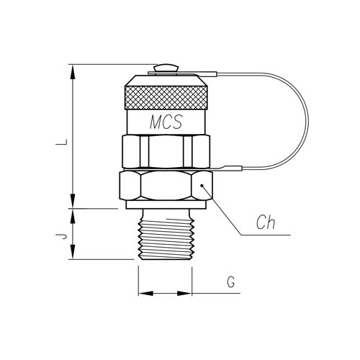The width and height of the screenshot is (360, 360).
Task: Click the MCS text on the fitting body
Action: coord(166,122)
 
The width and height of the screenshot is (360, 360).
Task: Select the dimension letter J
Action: coord(61,236)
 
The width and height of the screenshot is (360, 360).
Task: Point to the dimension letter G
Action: coord(231,282)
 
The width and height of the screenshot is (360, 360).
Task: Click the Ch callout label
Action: coord(266,222)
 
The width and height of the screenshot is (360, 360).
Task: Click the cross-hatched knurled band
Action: coord(166,97)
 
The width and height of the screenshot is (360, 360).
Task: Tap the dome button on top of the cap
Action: coord(166,68)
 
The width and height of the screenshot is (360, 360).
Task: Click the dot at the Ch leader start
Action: coord(202,185)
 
